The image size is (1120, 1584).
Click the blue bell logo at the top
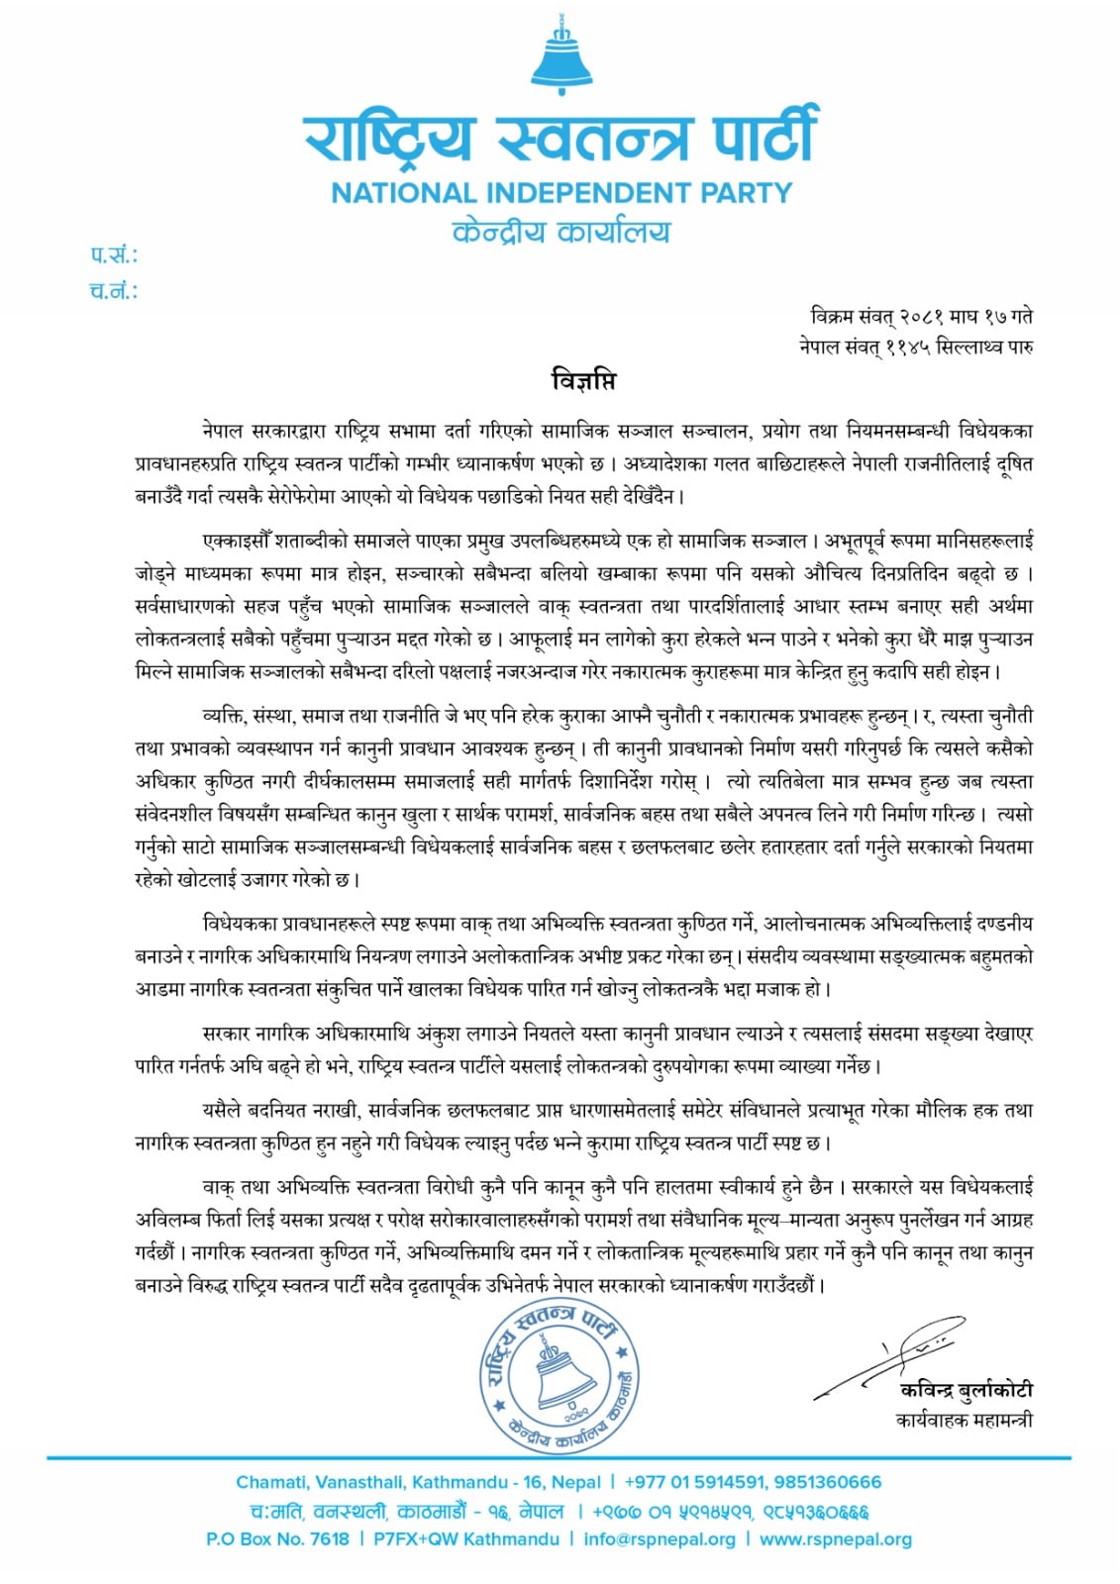(x=560, y=58)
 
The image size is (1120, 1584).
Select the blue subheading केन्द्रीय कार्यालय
(x=560, y=233)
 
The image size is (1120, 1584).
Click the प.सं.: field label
(x=114, y=256)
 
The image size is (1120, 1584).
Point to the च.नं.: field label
(x=114, y=291)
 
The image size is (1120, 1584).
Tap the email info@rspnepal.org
(x=660, y=1539)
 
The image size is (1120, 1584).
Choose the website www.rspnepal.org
(x=835, y=1539)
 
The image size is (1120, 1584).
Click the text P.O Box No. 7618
(x=277, y=1539)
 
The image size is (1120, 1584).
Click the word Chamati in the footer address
(x=271, y=1482)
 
